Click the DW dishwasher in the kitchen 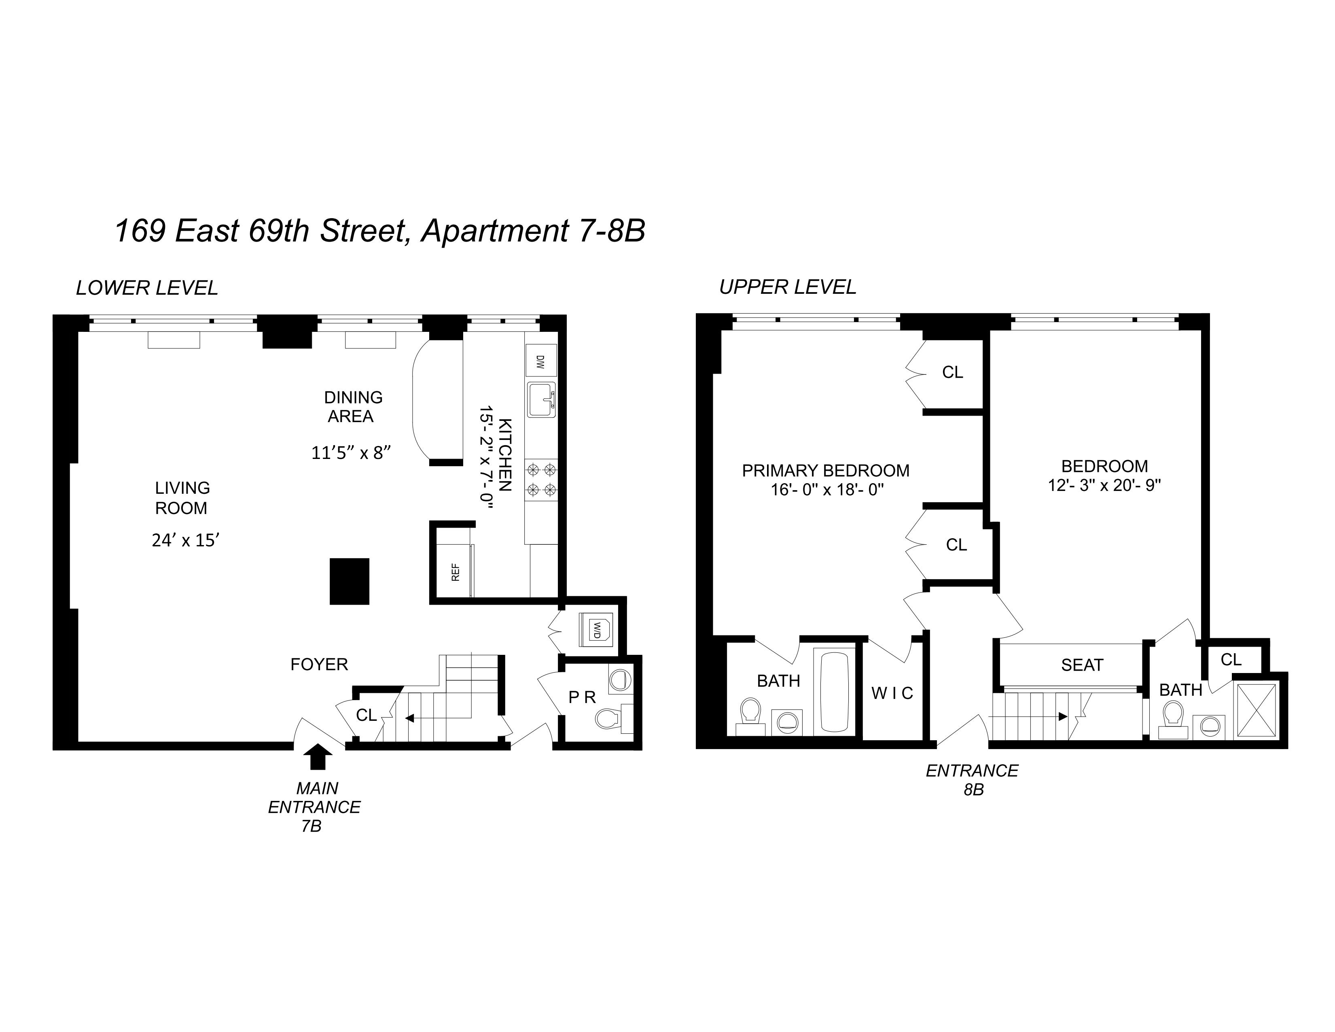click(540, 361)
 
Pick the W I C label click(892, 693)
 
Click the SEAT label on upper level click(1082, 665)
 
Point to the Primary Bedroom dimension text click(827, 490)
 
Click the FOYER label click(319, 664)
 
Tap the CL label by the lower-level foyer click(366, 715)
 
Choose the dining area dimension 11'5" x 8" click(351, 453)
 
